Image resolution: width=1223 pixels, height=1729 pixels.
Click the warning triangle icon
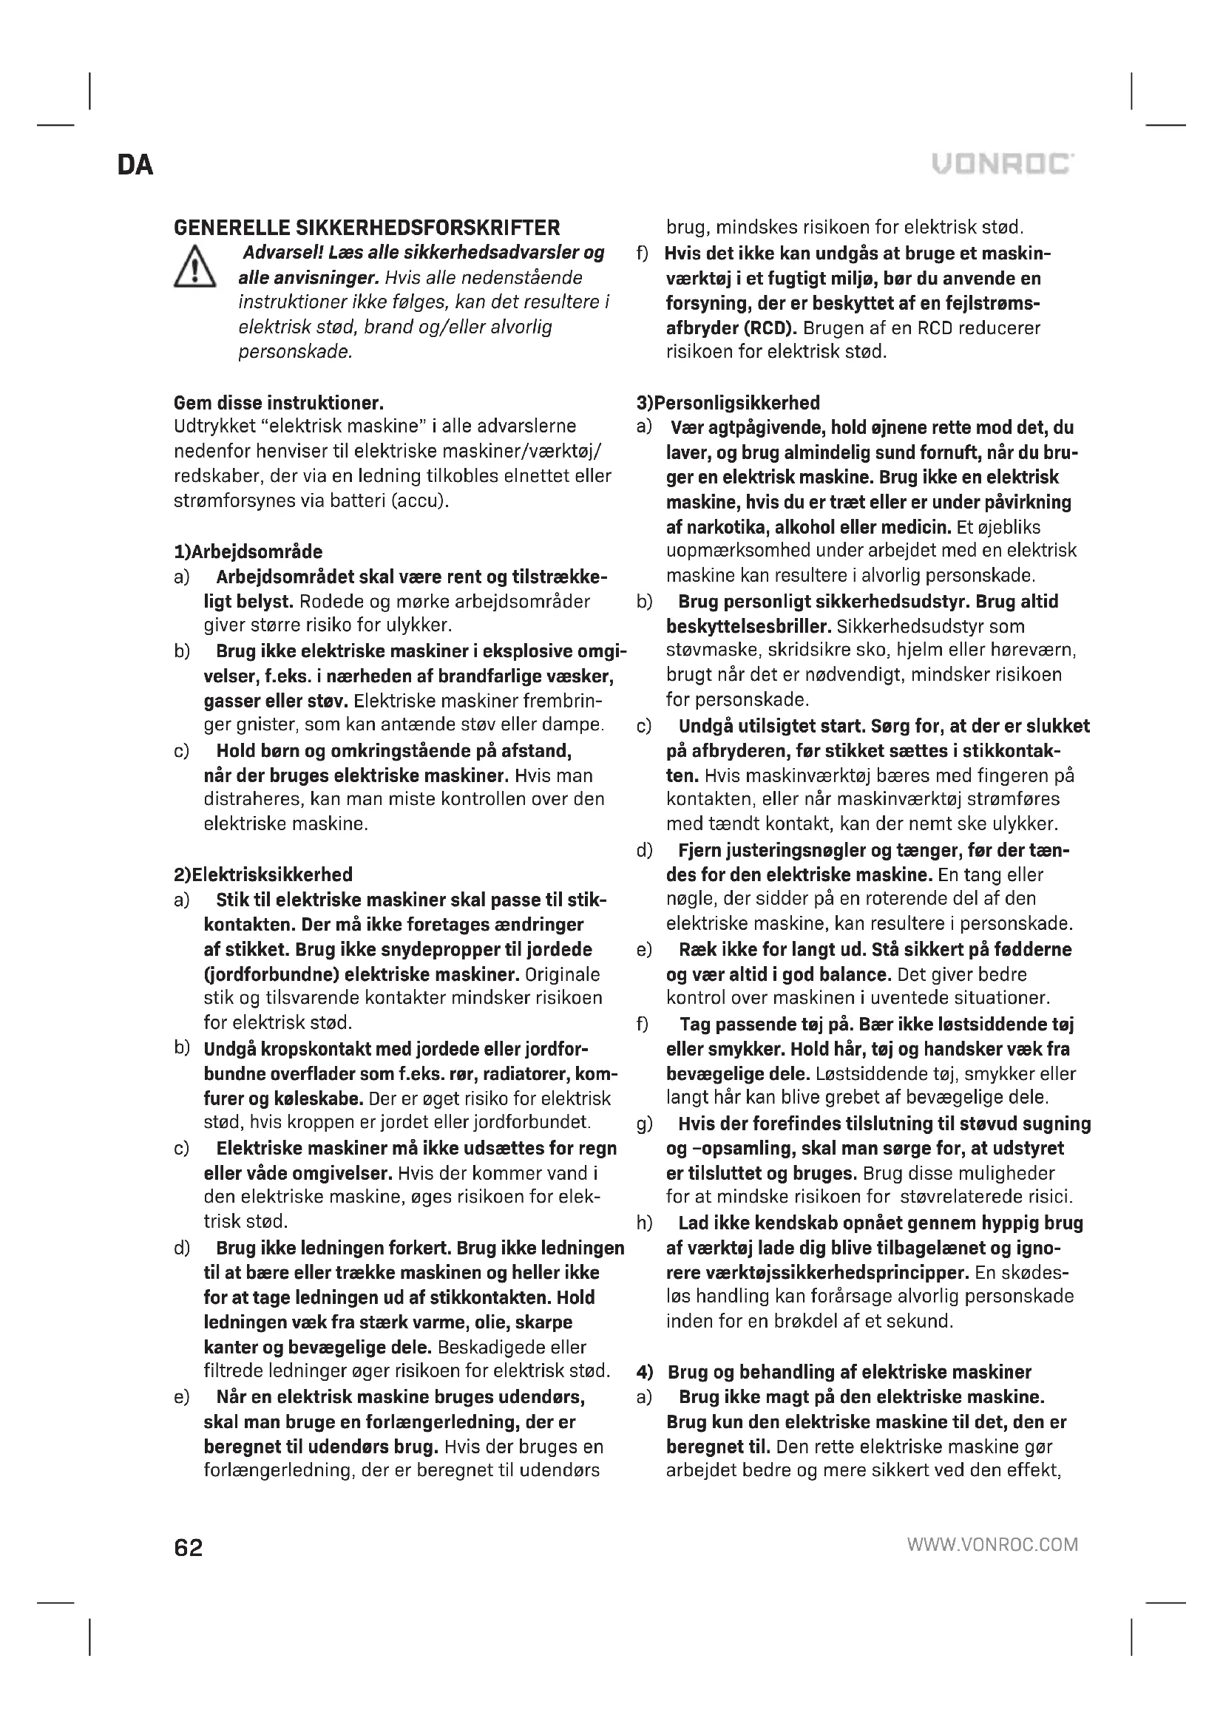[x=195, y=267]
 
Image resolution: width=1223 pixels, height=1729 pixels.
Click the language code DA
[x=135, y=165]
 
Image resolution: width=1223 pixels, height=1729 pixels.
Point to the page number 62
[x=189, y=1549]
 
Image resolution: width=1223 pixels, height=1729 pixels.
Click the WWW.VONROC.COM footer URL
[x=992, y=1545]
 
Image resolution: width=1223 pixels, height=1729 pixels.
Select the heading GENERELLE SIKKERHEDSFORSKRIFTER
[x=367, y=228]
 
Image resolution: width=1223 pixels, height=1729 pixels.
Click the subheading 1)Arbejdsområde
[x=248, y=552]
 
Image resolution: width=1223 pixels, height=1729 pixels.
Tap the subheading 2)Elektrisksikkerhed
[x=262, y=875]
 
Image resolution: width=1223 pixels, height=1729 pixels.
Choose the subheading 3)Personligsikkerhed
[x=728, y=403]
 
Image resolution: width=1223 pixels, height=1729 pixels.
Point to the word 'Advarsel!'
[x=285, y=253]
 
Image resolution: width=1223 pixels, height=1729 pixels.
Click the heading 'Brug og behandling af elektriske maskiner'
[x=849, y=1372]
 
